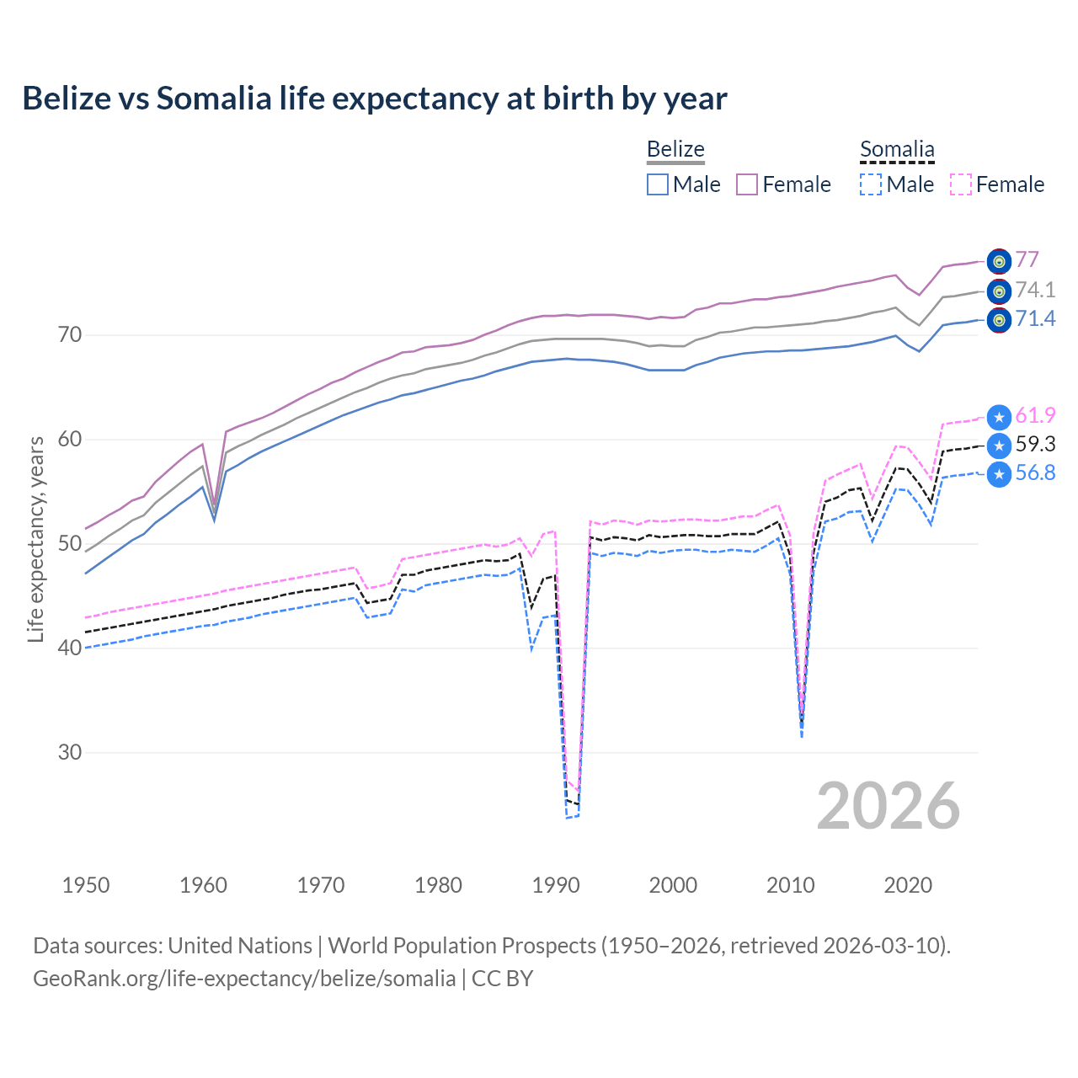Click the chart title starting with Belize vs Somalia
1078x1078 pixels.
tap(374, 99)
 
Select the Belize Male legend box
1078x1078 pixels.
tap(658, 184)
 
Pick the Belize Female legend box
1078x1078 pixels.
tap(747, 184)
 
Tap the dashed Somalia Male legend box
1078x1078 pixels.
tap(871, 184)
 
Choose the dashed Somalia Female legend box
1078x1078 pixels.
tap(961, 184)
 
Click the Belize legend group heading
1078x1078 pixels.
tap(675, 149)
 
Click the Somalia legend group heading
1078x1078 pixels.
tap(897, 149)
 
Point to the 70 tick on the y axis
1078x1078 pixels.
tap(70, 335)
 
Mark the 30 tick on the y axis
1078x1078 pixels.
tap(70, 752)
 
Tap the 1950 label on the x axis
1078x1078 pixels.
tap(86, 885)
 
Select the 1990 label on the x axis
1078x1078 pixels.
tap(556, 885)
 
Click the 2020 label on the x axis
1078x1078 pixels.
tap(908, 885)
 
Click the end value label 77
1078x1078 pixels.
tap(1027, 259)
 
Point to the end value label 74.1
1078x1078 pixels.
tap(1035, 290)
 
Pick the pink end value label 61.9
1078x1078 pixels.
tap(1035, 415)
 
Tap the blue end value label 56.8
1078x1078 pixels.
tap(1035, 473)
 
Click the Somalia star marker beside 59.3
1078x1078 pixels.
tap(999, 446)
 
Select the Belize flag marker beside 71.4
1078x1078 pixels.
tap(999, 320)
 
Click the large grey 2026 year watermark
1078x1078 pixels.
tap(889, 806)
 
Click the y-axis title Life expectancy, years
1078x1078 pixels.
tap(36, 539)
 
